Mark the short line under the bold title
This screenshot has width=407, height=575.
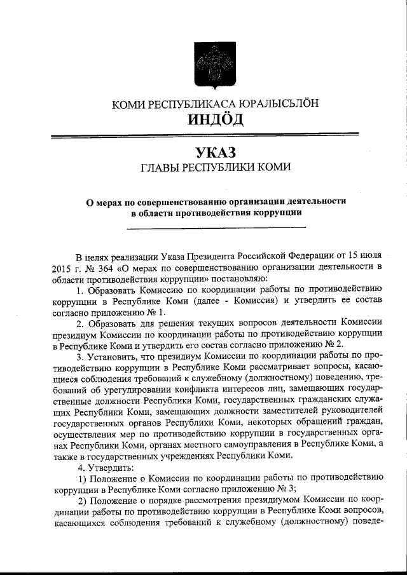tap(216, 227)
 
